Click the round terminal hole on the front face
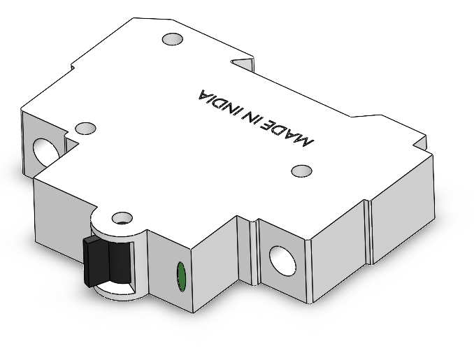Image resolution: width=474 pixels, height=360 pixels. click(x=284, y=260)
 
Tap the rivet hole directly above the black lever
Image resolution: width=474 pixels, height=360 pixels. click(x=122, y=217)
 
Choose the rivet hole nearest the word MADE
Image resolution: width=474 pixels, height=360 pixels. click(x=301, y=171)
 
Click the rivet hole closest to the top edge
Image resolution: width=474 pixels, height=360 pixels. click(x=171, y=40)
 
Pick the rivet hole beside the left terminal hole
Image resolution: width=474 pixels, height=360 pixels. click(x=85, y=129)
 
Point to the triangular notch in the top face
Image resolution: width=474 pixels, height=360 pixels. click(x=244, y=64)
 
